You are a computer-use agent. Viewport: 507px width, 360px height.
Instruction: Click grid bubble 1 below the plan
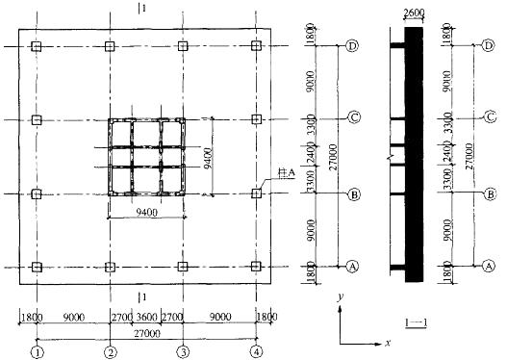(x=38, y=352)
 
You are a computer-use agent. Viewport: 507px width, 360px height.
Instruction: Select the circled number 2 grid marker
(x=111, y=352)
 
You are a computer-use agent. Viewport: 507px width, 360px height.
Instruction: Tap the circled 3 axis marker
(x=184, y=352)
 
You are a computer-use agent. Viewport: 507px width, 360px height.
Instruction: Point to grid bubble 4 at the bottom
(x=257, y=352)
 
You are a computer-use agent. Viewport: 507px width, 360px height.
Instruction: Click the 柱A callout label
(x=288, y=173)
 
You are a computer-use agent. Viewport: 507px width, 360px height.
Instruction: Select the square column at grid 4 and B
(x=257, y=193)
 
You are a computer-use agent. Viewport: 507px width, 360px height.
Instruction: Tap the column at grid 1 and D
(x=37, y=46)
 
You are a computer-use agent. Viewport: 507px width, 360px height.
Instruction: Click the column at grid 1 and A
(x=38, y=268)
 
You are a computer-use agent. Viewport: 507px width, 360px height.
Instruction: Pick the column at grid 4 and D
(x=256, y=46)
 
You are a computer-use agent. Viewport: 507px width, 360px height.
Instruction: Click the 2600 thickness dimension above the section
(x=415, y=13)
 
